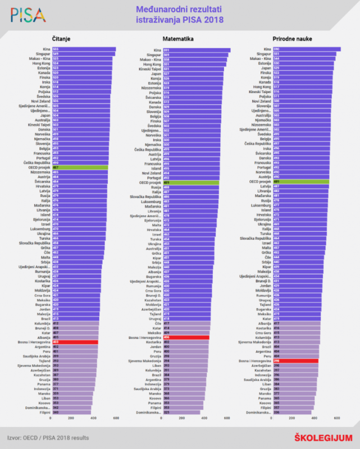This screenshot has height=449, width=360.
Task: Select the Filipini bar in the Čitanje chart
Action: [x=71, y=413]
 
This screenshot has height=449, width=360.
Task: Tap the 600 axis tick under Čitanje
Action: [x=116, y=418]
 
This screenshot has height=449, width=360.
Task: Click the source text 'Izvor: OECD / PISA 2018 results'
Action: [x=48, y=437]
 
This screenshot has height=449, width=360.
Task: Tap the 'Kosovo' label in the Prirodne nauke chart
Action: [x=262, y=403]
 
